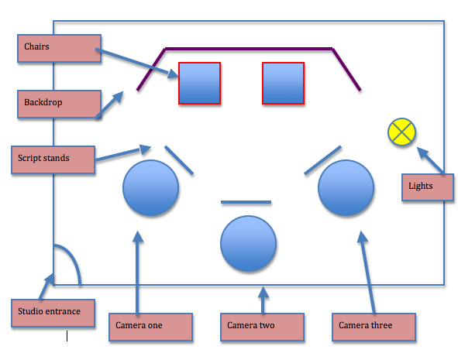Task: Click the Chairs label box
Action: [x=59, y=47]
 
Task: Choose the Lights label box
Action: [x=427, y=187]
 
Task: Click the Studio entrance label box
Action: [x=53, y=312]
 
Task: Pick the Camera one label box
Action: [x=150, y=325]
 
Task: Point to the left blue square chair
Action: [x=200, y=83]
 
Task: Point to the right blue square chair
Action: [x=283, y=83]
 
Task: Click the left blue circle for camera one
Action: [x=151, y=188]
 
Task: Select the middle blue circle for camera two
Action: [x=248, y=244]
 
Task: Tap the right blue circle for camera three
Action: [x=346, y=188]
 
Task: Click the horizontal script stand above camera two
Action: [x=246, y=203]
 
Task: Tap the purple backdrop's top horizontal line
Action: [x=248, y=49]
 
